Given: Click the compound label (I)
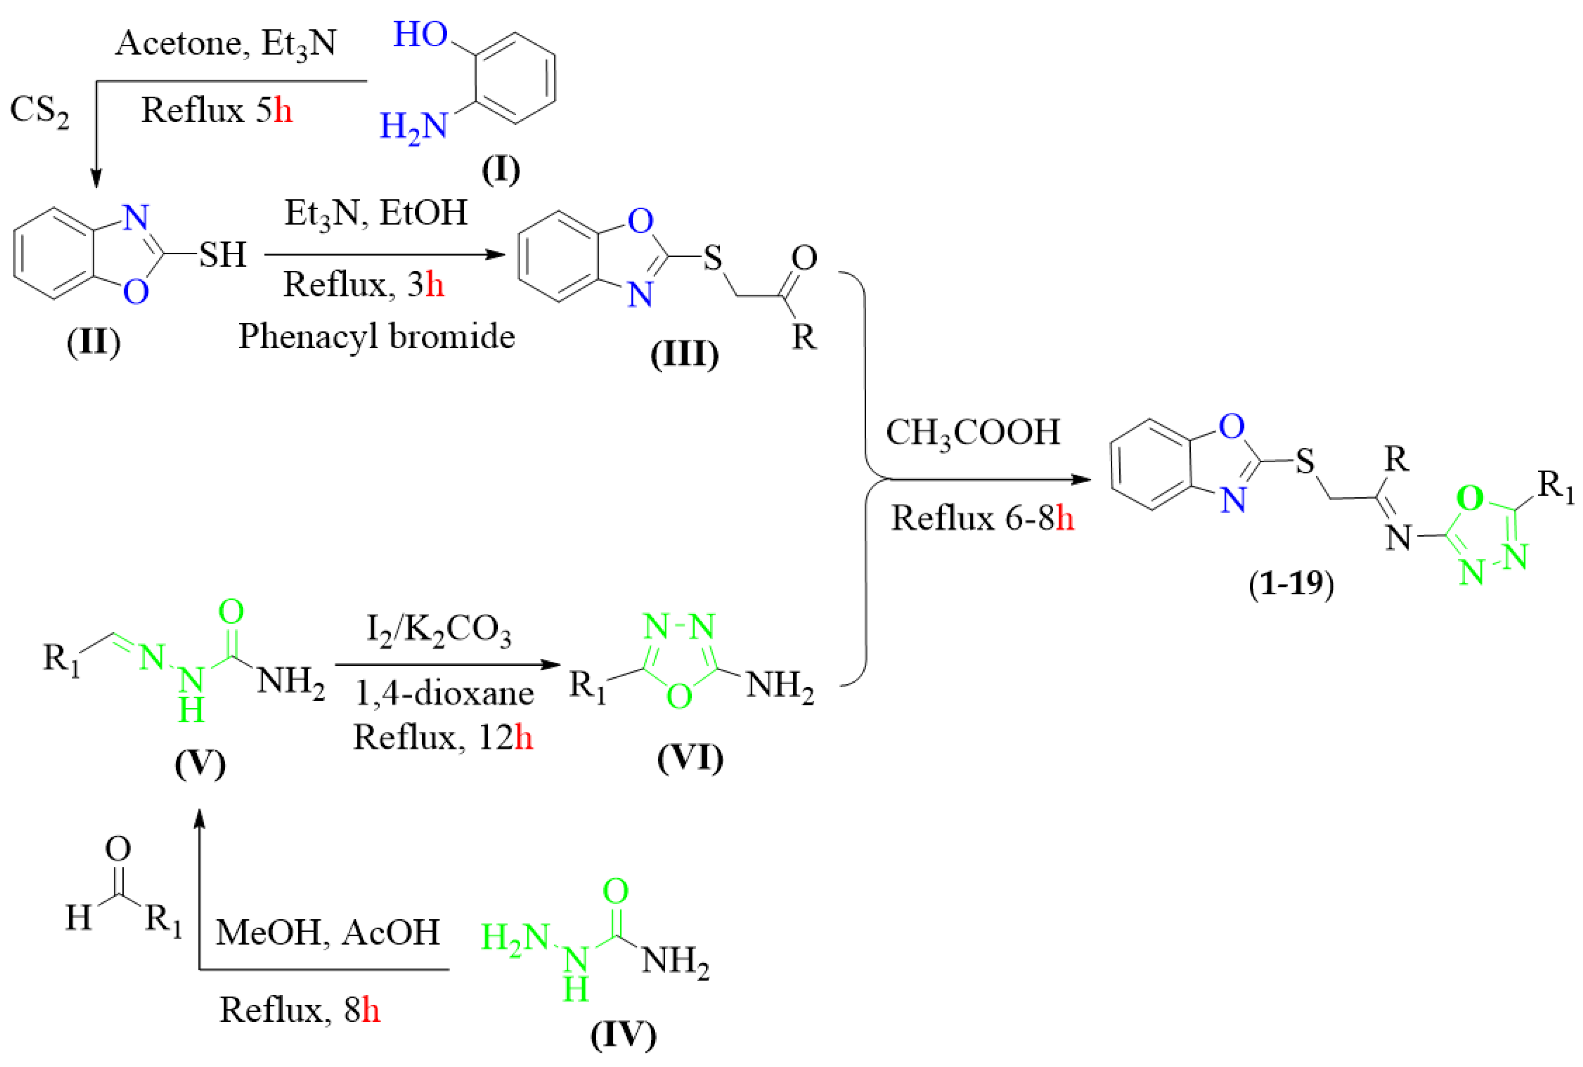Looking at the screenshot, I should pyautogui.click(x=501, y=170).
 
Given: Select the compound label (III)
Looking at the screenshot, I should pyautogui.click(x=684, y=354).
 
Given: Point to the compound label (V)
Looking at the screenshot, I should pyautogui.click(x=199, y=764).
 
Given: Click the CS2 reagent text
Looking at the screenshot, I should pyautogui.click(x=39, y=111).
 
